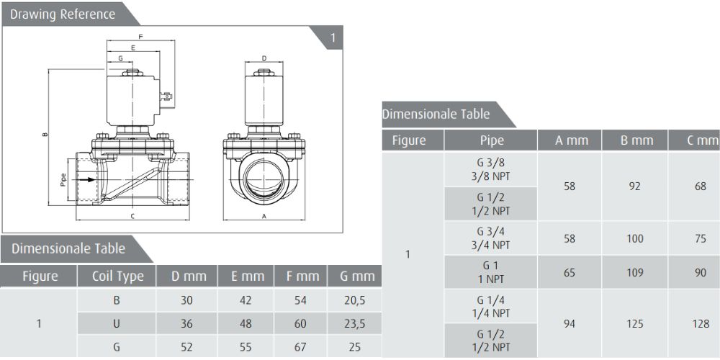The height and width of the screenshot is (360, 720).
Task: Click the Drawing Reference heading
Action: point(63,14)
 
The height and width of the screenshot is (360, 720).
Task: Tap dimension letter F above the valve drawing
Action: point(140,36)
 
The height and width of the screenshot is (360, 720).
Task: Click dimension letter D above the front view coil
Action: point(264,58)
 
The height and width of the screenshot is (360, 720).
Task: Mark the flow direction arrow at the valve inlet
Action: point(86,179)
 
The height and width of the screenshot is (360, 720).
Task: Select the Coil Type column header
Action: point(117,276)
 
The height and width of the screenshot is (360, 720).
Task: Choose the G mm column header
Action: point(357,276)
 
